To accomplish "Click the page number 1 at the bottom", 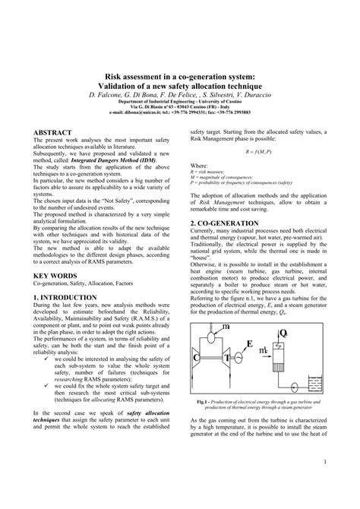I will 324,482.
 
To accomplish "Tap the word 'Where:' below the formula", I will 198,165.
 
